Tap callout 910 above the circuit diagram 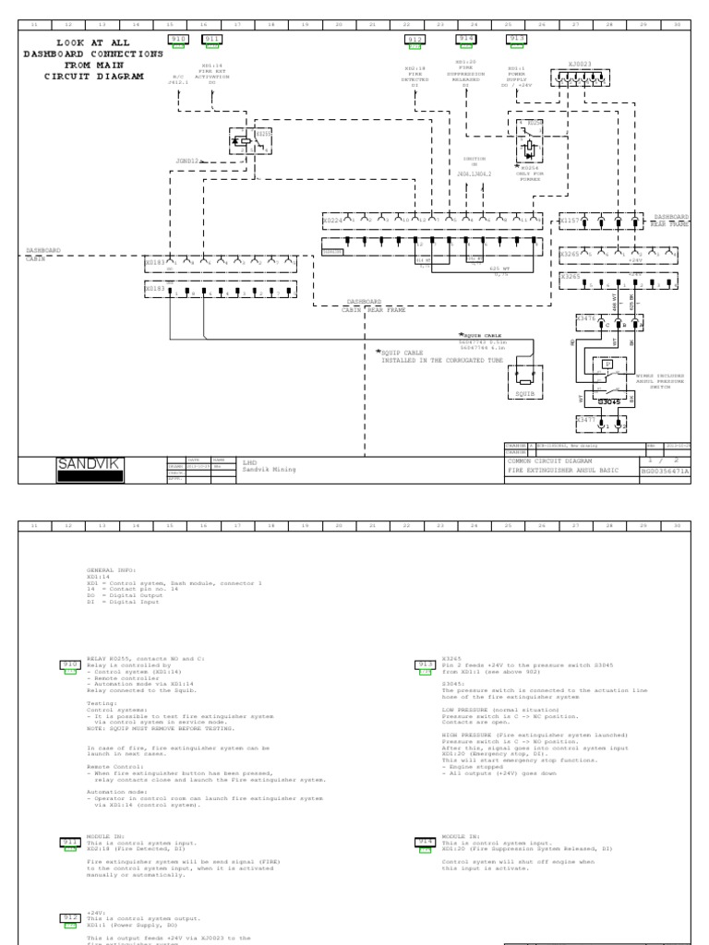pos(177,40)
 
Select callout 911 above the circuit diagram pos(212,40)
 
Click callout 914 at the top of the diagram pos(468,40)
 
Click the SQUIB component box pos(523,379)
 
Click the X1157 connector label pos(569,221)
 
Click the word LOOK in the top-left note pos(72,43)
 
